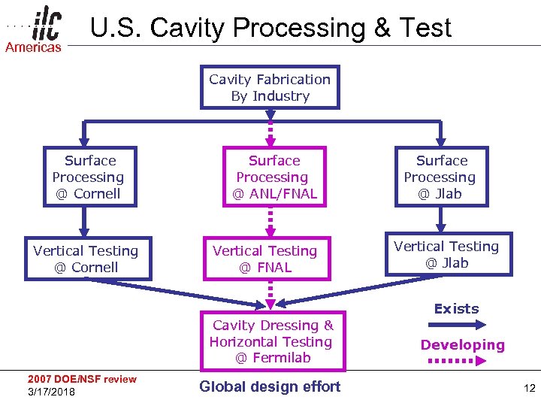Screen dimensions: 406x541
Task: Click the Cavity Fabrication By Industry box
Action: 270,88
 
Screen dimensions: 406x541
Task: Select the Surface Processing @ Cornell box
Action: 89,177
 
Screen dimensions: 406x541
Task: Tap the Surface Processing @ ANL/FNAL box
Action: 274,177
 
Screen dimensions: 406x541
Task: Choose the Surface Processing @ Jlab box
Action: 440,177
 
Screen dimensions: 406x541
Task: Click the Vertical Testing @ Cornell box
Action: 86,259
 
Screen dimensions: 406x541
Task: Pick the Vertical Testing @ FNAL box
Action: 265,259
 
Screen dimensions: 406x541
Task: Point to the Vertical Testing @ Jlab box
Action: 446,254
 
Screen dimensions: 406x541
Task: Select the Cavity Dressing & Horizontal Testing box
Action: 273,341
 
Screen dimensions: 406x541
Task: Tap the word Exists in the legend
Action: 456,309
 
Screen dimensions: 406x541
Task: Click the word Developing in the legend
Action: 462,345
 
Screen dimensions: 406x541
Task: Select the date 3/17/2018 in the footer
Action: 51,392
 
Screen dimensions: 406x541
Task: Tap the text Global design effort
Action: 270,386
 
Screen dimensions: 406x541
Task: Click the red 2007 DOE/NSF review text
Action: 82,379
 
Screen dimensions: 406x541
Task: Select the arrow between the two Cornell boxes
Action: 86,222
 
